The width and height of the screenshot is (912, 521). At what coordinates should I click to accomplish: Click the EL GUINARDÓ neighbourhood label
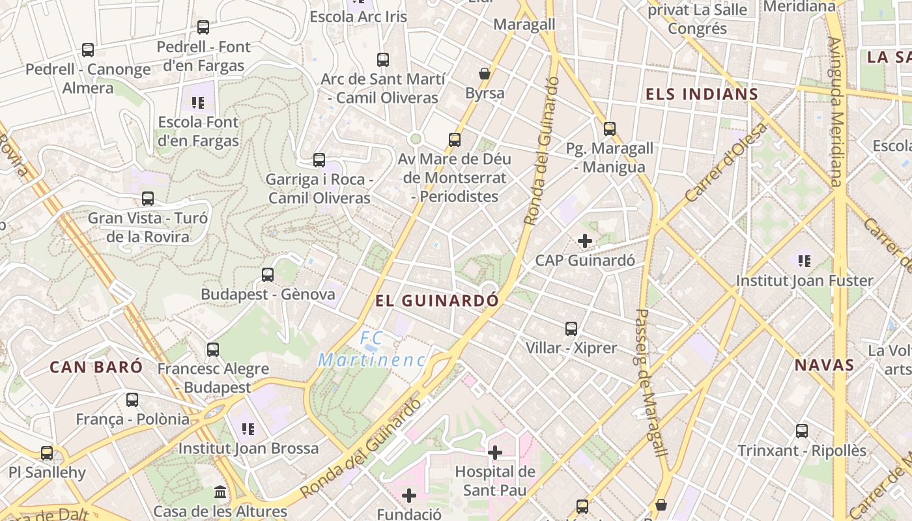pyautogui.click(x=437, y=301)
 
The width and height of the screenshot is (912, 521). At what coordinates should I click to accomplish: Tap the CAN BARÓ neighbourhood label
pyautogui.click(x=96, y=367)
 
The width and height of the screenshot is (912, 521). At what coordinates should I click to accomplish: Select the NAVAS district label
pyautogui.click(x=824, y=365)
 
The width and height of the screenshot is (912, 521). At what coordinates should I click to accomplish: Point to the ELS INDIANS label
pyautogui.click(x=702, y=94)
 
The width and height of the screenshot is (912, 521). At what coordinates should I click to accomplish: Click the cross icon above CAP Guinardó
pyautogui.click(x=585, y=241)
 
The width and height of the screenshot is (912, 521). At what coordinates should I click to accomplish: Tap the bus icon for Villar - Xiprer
pyautogui.click(x=571, y=329)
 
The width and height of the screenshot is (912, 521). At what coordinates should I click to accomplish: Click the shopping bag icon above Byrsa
pyautogui.click(x=485, y=74)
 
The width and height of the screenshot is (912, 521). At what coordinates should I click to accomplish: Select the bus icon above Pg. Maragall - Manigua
pyautogui.click(x=610, y=129)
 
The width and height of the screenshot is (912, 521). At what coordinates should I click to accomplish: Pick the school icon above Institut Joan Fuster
pyautogui.click(x=805, y=261)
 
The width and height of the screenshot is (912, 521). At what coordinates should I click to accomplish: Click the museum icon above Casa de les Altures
pyautogui.click(x=220, y=492)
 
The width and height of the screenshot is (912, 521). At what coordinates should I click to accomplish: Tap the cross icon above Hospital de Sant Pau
pyautogui.click(x=495, y=452)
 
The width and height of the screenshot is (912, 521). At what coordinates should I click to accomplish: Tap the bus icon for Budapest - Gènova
pyautogui.click(x=268, y=275)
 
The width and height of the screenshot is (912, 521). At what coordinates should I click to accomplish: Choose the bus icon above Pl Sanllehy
pyautogui.click(x=47, y=453)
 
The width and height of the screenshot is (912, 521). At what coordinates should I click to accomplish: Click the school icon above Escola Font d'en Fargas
pyautogui.click(x=198, y=102)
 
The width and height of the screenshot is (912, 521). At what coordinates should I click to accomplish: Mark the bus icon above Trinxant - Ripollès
pyautogui.click(x=802, y=431)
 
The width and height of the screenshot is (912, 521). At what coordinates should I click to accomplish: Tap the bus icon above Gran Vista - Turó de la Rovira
pyautogui.click(x=148, y=199)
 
